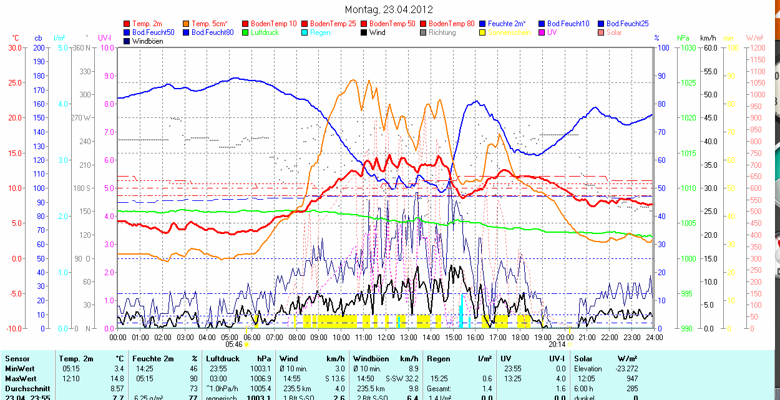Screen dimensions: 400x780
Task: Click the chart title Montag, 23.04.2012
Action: click(x=389, y=9)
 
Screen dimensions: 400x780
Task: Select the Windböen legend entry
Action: click(x=147, y=41)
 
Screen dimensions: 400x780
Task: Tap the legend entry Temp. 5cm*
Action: click(x=210, y=24)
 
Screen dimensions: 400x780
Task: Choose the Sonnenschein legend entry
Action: click(x=509, y=32)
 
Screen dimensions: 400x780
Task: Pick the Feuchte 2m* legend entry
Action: click(x=507, y=24)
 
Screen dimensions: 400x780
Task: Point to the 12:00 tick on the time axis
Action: click(x=386, y=337)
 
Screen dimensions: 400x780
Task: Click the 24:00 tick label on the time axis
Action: click(x=653, y=337)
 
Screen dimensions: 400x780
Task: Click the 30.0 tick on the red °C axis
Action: click(x=14, y=47)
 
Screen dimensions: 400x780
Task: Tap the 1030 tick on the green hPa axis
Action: click(x=688, y=47)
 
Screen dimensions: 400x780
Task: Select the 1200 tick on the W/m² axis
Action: click(x=757, y=47)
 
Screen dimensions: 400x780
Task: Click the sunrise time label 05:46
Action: click(x=233, y=344)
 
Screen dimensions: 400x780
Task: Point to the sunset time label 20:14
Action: click(x=557, y=344)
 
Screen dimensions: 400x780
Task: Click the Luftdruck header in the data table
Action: click(x=223, y=359)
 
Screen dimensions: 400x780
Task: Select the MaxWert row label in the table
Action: click(x=20, y=379)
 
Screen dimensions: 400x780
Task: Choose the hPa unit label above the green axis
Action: click(x=683, y=38)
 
